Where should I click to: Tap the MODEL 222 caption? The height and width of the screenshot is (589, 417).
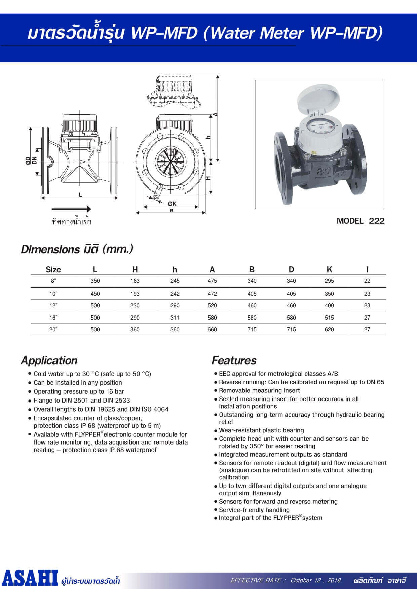[360, 221]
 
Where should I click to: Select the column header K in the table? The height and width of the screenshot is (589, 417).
[329, 269]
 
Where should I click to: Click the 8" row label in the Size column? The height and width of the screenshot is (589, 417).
[53, 281]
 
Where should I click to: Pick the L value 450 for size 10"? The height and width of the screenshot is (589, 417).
[95, 294]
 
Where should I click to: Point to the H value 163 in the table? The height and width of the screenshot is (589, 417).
[135, 281]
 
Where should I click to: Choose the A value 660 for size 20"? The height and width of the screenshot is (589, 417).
[212, 329]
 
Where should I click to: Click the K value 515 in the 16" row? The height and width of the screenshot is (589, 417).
[329, 318]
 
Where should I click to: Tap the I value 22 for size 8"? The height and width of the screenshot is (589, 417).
[367, 281]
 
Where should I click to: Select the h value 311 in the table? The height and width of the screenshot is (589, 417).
[175, 318]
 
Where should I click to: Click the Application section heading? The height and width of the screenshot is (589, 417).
[49, 360]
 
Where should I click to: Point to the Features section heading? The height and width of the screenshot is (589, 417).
[234, 360]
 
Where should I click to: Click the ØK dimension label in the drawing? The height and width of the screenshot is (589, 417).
[172, 204]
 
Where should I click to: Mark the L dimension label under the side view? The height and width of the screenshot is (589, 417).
[80, 195]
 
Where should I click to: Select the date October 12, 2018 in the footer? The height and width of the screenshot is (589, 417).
[315, 580]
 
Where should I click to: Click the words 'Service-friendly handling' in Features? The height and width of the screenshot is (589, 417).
[254, 510]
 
